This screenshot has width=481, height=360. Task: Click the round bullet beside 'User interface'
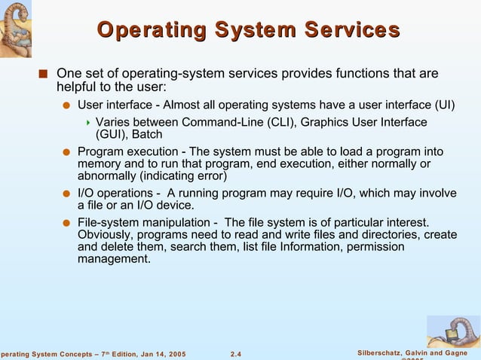(66, 105)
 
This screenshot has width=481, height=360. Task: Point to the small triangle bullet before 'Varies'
(88, 123)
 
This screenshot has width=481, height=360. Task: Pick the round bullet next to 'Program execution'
(66, 153)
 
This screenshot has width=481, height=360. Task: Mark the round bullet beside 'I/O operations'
(66, 194)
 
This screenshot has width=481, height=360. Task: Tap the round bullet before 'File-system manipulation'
(66, 223)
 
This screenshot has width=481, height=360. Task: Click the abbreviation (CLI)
(258, 122)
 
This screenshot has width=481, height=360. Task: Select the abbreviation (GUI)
(111, 135)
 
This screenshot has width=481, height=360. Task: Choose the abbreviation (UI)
(445, 104)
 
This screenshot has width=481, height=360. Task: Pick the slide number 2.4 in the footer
(235, 354)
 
